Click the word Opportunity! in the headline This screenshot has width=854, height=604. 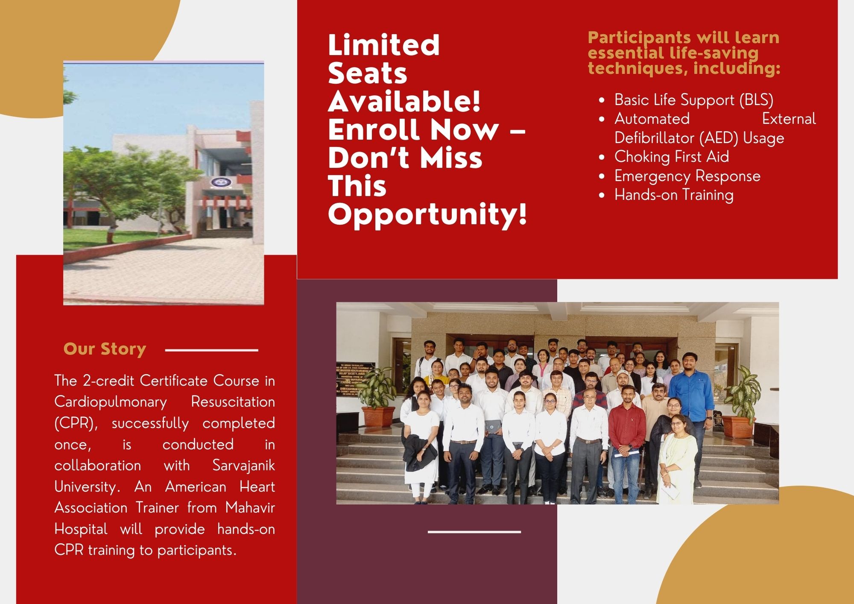(427, 214)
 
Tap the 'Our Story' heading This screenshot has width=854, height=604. (105, 349)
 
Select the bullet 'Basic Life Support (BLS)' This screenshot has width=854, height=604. (694, 100)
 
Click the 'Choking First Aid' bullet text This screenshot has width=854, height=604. (672, 157)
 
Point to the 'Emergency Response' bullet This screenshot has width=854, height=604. (687, 176)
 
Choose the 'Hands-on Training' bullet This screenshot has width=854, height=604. (674, 195)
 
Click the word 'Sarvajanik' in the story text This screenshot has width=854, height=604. (243, 465)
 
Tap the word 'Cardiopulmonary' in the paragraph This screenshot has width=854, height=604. (110, 402)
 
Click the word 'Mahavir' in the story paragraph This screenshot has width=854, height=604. (250, 507)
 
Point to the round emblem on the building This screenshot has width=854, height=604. (218, 182)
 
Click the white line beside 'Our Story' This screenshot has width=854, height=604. (211, 350)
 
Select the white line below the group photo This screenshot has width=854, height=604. (474, 532)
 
